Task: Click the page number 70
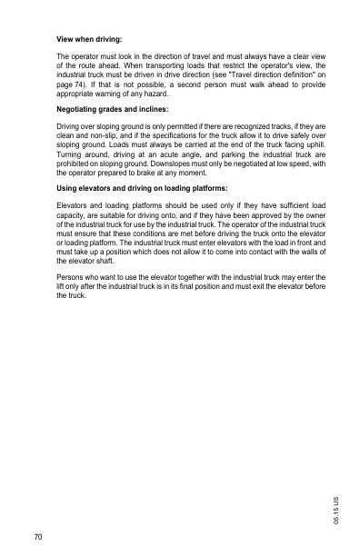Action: tap(37, 538)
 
